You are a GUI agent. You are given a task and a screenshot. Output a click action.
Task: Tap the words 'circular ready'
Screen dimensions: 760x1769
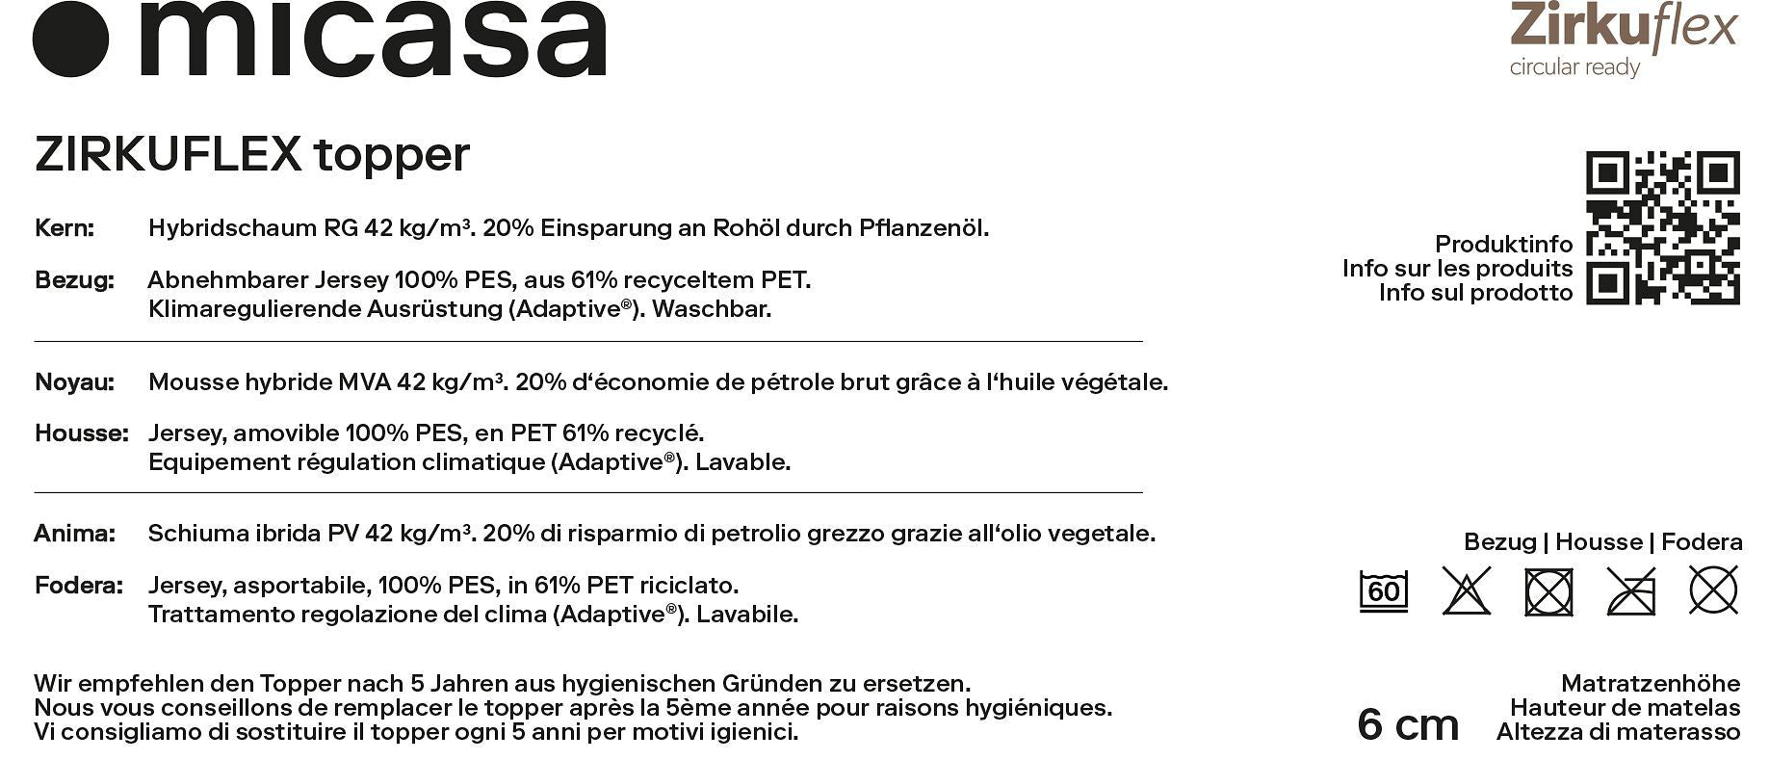click(x=1574, y=67)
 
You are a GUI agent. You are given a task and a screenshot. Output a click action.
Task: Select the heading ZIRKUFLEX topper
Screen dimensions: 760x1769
click(x=252, y=154)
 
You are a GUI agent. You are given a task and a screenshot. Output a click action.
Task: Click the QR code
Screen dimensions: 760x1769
click(x=1662, y=228)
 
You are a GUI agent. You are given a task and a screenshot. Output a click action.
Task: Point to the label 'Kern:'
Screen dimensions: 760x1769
click(x=65, y=228)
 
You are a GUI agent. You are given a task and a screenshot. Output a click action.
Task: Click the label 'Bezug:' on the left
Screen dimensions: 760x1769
click(x=74, y=280)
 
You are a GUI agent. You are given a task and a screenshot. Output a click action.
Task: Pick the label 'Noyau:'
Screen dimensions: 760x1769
click(x=74, y=382)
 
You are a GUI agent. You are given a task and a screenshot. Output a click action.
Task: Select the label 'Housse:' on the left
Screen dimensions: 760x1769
click(x=81, y=433)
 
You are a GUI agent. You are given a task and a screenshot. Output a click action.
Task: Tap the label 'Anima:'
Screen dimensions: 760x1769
click(x=74, y=534)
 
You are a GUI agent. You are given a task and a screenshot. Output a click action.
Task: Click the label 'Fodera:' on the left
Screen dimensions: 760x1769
click(x=79, y=586)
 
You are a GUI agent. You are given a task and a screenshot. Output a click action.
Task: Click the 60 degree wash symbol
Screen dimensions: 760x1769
click(x=1383, y=590)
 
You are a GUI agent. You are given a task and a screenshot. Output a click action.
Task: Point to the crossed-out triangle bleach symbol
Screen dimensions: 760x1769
click(x=1466, y=590)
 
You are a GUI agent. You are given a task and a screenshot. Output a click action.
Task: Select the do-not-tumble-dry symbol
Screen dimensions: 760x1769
click(x=1548, y=591)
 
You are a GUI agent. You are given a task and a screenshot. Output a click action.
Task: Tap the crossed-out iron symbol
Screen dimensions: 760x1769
click(x=1631, y=590)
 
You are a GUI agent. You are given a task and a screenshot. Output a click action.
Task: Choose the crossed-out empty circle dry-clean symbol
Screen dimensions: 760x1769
click(x=1713, y=590)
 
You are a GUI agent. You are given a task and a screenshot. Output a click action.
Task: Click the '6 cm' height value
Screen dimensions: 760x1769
click(x=1407, y=724)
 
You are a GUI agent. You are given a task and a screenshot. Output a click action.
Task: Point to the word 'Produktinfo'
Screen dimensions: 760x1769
click(x=1503, y=244)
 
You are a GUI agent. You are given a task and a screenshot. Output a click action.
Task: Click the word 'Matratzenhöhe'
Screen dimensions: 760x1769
click(x=1650, y=684)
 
